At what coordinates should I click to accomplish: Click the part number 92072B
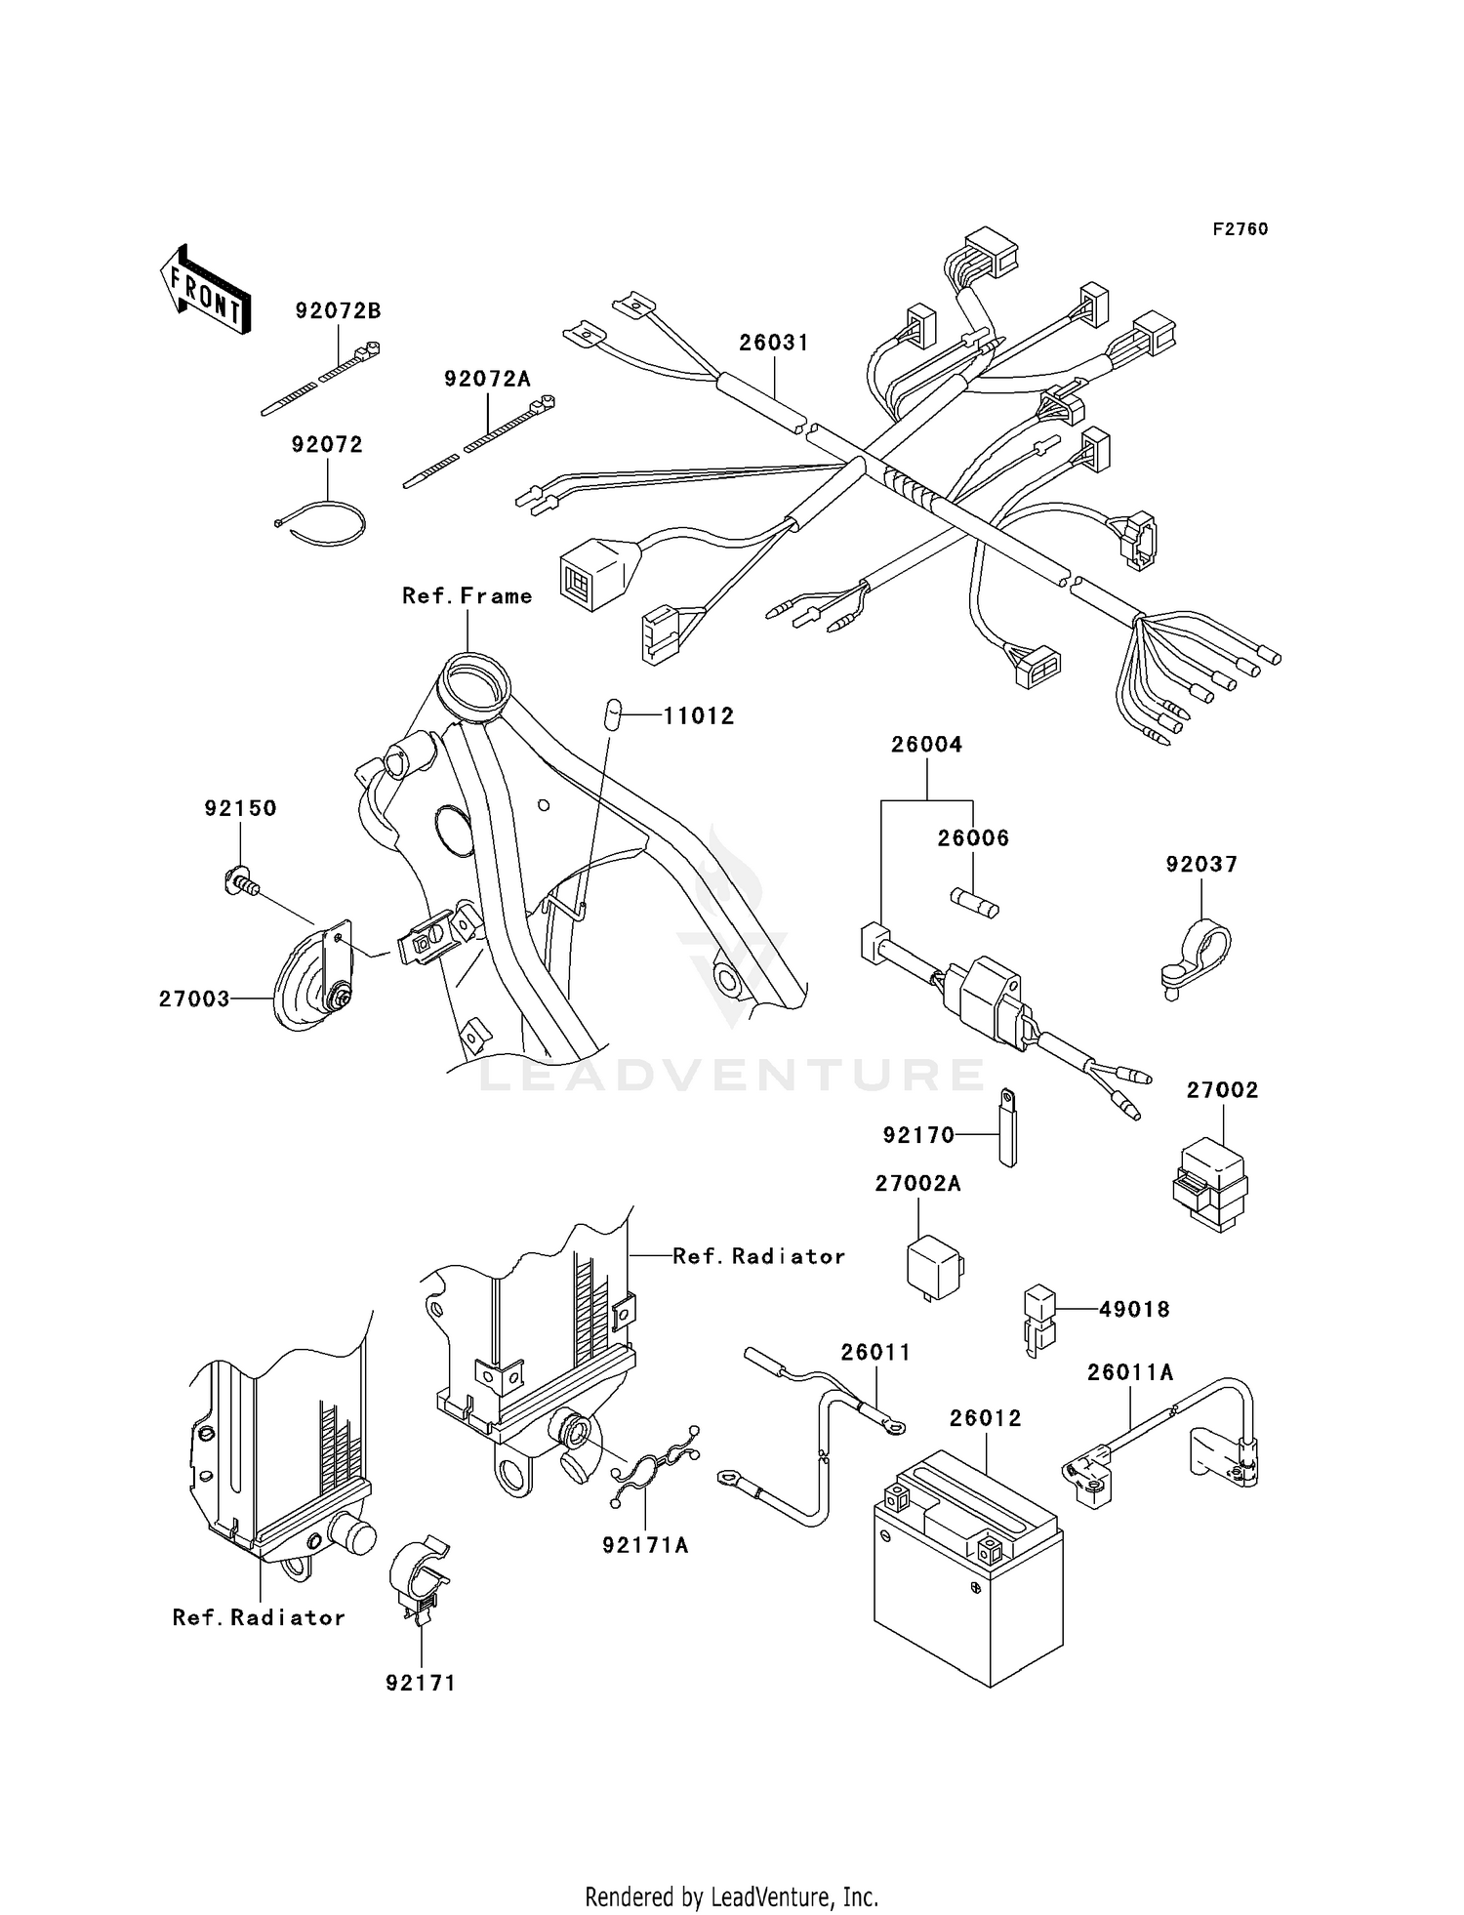pos(338,311)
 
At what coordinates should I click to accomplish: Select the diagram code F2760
pos(1240,229)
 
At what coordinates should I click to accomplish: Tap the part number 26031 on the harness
pos(774,343)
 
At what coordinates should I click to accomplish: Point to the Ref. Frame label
pos(468,596)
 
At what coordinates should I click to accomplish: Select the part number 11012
pos(699,716)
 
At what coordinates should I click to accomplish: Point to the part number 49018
pos(1133,1310)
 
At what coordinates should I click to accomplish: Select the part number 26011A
pos(1130,1373)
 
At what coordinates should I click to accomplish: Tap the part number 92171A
pos(645,1545)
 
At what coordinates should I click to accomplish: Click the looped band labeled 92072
pos(323,521)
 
